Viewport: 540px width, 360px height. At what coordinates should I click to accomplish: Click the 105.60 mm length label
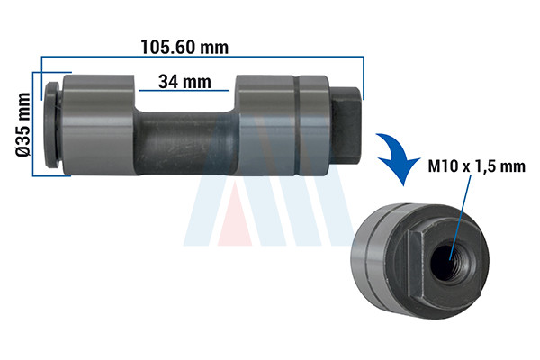point(184,47)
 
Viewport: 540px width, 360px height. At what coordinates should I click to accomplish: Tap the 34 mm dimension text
point(184,82)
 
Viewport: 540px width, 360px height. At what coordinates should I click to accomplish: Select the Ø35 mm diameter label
point(23,125)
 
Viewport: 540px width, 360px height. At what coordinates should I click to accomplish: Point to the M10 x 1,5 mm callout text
point(477,166)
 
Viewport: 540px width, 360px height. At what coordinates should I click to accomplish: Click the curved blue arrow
point(400,157)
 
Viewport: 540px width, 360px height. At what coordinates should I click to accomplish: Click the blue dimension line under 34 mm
point(184,91)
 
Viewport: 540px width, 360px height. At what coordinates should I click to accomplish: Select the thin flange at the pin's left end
point(51,125)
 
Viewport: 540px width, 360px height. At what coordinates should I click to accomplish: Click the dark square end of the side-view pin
point(346,126)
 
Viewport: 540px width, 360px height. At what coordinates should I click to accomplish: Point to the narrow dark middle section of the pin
point(185,142)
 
